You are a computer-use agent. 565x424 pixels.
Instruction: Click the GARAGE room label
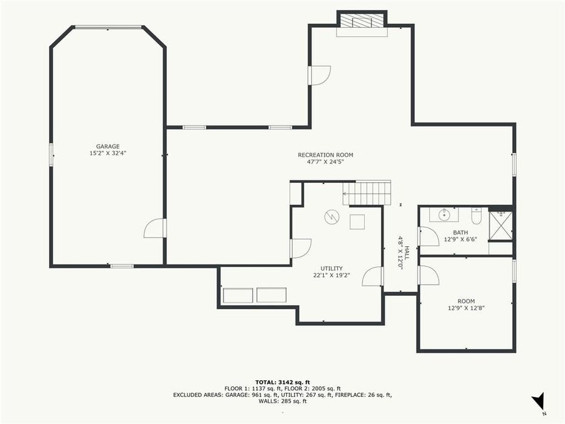107,146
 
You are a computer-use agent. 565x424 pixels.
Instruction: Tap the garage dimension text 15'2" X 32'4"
107,153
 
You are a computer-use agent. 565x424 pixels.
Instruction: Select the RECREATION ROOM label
325,155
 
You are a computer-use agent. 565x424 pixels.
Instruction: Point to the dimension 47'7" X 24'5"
325,162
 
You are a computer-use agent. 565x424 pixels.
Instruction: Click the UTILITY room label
331,268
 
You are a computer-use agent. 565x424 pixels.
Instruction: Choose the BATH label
460,232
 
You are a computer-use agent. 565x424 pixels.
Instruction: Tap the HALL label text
407,253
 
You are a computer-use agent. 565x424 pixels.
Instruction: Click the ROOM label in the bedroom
466,301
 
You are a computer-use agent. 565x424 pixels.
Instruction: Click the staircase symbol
367,193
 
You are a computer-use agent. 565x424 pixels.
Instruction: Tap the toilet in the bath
476,217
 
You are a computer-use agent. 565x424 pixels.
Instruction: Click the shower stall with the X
501,225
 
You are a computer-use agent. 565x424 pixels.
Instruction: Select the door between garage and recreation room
155,228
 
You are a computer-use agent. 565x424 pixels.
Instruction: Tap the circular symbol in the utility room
331,217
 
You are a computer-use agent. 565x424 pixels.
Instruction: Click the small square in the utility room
357,222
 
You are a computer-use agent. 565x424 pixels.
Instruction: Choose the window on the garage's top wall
108,27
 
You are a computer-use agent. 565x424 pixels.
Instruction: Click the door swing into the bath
429,236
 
